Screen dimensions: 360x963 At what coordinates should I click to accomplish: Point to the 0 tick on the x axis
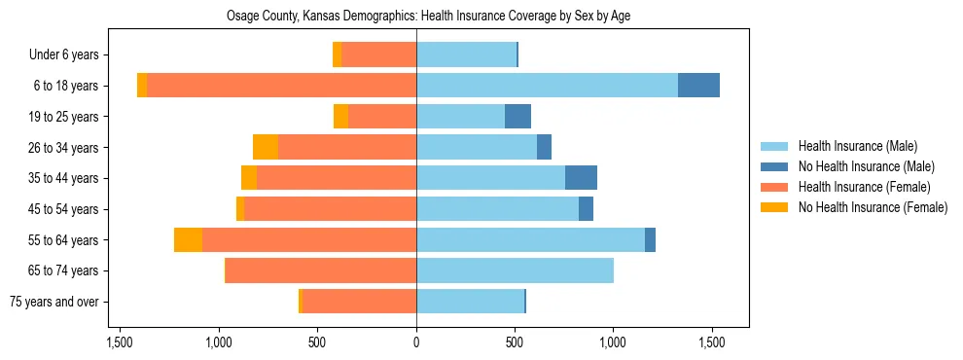(x=416, y=342)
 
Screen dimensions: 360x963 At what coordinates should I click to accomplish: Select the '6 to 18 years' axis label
(x=65, y=86)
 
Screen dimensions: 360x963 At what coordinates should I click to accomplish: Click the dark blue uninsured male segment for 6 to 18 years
(x=698, y=86)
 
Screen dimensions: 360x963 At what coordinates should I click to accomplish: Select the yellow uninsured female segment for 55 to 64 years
(x=188, y=240)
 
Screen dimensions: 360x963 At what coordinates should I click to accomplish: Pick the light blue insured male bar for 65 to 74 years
(x=515, y=270)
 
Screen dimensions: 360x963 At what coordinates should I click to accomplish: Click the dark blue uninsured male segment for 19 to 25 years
(x=517, y=117)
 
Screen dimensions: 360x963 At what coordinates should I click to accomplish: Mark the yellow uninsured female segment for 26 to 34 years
(x=266, y=148)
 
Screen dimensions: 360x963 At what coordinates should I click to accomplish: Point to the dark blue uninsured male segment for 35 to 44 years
(x=581, y=178)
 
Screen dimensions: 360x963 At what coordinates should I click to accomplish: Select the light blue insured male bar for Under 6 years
(x=466, y=55)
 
